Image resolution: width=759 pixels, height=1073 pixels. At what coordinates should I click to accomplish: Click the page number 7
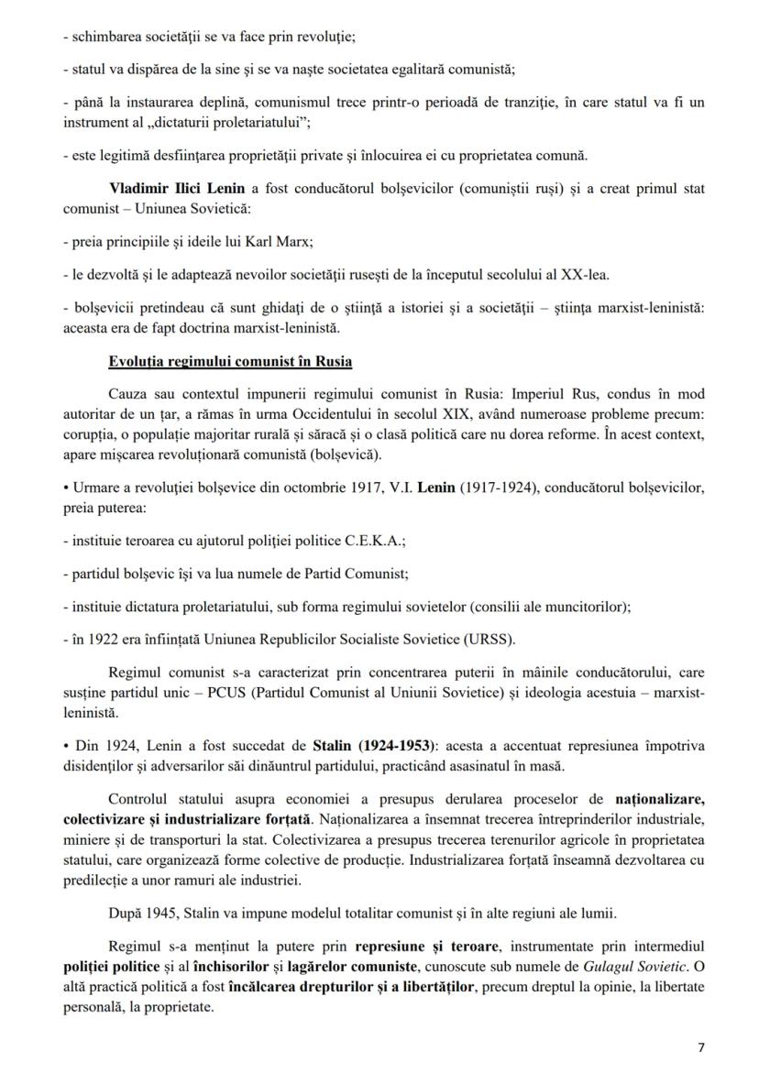[701, 1047]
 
